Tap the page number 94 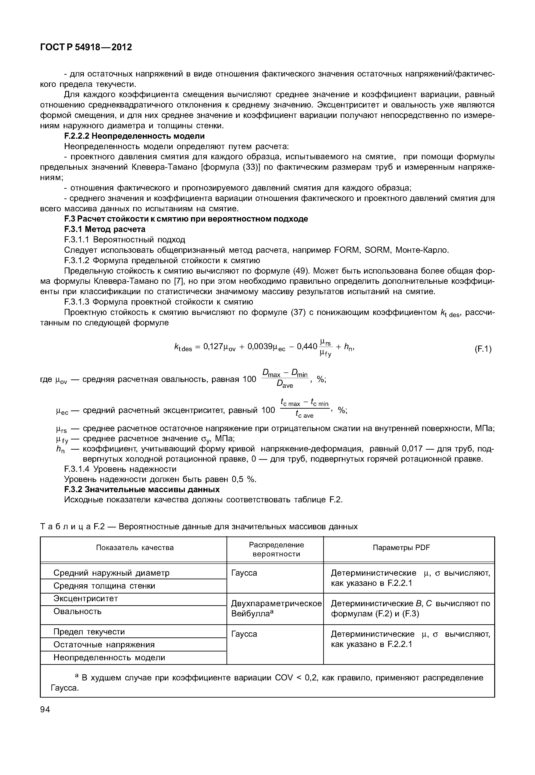point(45,709)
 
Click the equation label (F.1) point(483,349)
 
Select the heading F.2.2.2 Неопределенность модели point(134,136)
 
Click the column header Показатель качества point(135,548)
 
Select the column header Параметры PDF point(401,548)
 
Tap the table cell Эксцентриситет point(86,599)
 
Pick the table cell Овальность point(77,612)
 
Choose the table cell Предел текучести point(89,632)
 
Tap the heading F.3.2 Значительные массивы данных point(142,490)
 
